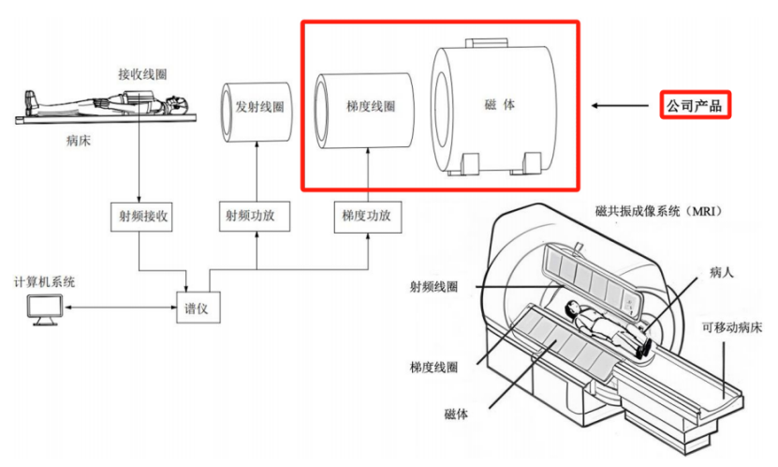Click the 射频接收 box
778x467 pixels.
pyautogui.click(x=141, y=217)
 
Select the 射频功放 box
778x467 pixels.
pyautogui.click(x=255, y=216)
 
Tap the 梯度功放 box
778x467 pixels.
pyautogui.click(x=368, y=217)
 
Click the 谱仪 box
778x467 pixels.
pyautogui.click(x=198, y=308)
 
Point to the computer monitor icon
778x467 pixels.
pyautogui.click(x=45, y=310)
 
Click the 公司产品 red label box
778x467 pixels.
pyautogui.click(x=695, y=105)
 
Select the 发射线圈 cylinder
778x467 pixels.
pyautogui.click(x=256, y=112)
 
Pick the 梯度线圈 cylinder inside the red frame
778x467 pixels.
pyautogui.click(x=364, y=111)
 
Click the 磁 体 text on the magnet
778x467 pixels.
pyautogui.click(x=499, y=104)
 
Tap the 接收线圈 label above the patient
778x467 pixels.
pyautogui.click(x=142, y=74)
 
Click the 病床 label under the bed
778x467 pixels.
pyautogui.click(x=79, y=141)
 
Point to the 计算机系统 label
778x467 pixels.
pyautogui.click(x=44, y=282)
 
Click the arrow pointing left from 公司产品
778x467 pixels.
pyautogui.click(x=620, y=105)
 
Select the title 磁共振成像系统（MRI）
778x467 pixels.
pyautogui.click(x=658, y=211)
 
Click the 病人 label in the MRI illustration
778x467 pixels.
pyautogui.click(x=722, y=272)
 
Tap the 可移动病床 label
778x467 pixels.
pyautogui.click(x=732, y=328)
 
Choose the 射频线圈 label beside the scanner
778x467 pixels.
pyautogui.click(x=433, y=287)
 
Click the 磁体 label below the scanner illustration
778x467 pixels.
pyautogui.click(x=456, y=414)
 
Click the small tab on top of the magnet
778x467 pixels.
pyautogui.click(x=486, y=43)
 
